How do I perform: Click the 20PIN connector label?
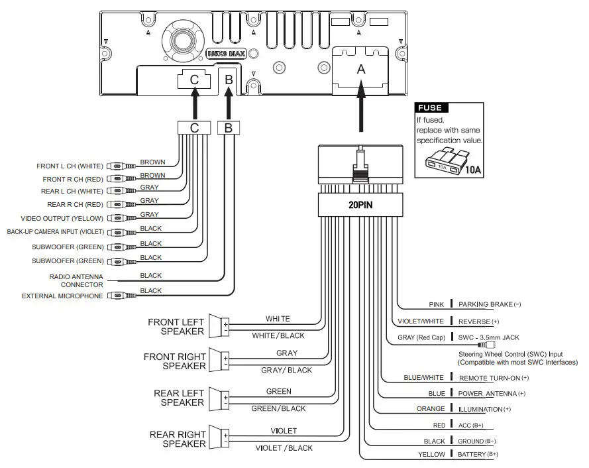(x=360, y=205)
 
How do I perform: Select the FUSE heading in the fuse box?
(x=430, y=108)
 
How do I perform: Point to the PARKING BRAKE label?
(x=490, y=304)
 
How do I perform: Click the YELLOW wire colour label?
(x=431, y=455)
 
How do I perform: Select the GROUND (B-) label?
(x=476, y=441)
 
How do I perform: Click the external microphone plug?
(x=122, y=296)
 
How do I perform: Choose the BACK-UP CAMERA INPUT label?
(x=55, y=232)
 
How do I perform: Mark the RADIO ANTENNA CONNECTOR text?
(x=76, y=281)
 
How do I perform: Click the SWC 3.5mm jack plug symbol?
(x=486, y=345)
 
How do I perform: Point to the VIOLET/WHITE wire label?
(x=421, y=322)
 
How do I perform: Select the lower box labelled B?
(x=229, y=128)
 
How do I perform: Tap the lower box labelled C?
(x=194, y=128)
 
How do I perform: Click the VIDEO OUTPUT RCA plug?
(x=122, y=218)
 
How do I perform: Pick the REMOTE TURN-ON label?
(x=494, y=378)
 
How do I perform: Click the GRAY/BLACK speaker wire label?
(x=287, y=371)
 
